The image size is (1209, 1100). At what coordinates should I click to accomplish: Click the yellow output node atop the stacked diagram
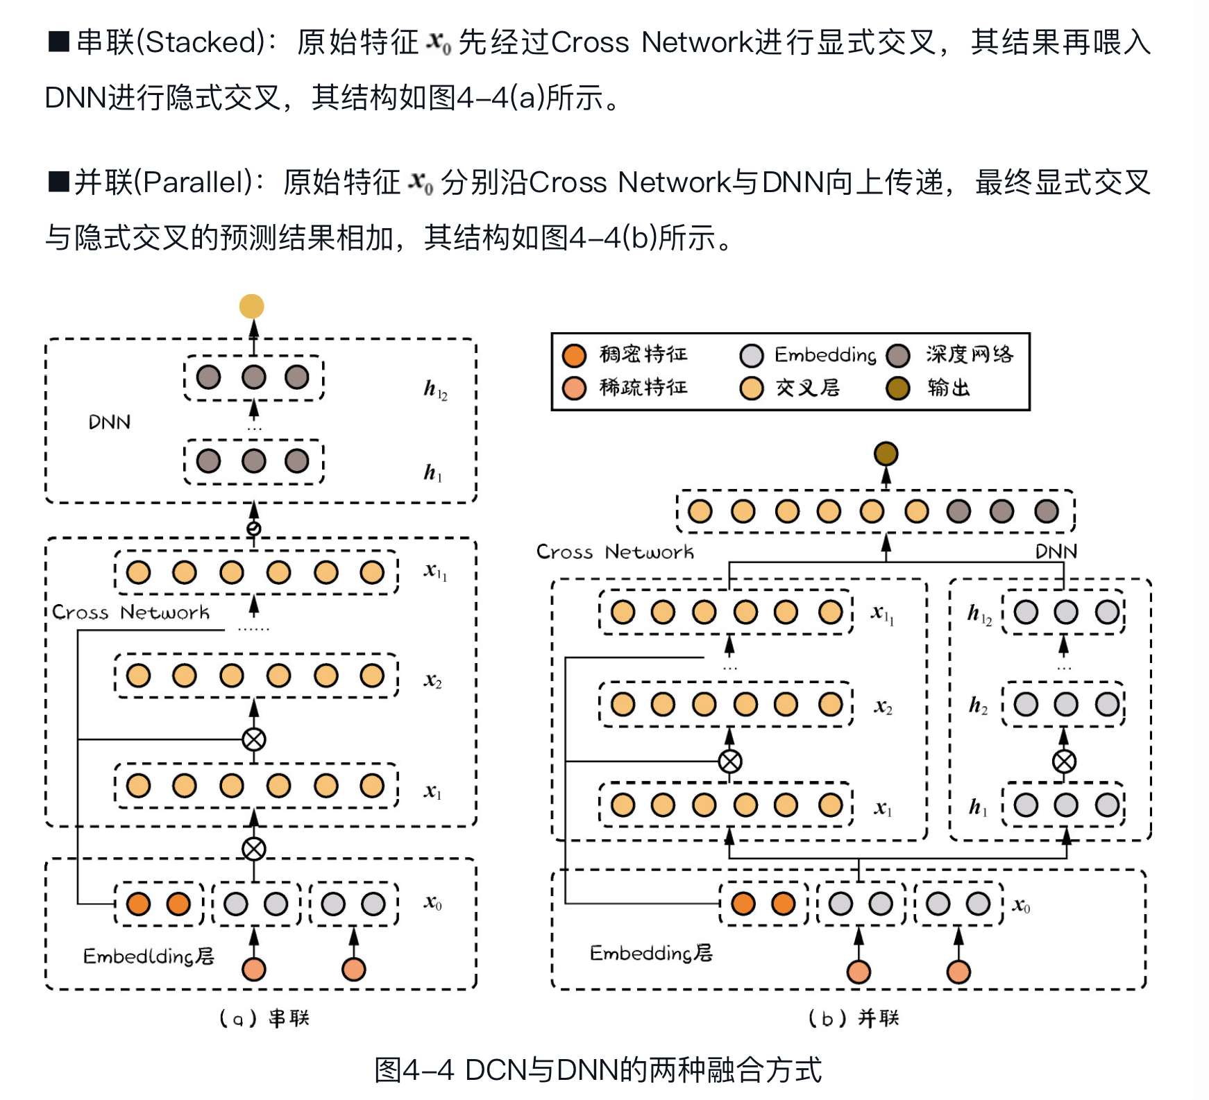click(251, 306)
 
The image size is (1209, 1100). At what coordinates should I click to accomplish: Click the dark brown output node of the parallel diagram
click(886, 454)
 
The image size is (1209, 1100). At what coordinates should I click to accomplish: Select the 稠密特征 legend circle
click(574, 355)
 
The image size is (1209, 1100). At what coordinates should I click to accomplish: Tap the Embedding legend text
click(825, 355)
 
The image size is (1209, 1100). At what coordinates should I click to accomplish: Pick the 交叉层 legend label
click(807, 388)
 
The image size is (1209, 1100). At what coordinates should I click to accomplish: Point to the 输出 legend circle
click(897, 388)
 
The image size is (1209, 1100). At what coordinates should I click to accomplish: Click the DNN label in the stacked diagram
click(109, 422)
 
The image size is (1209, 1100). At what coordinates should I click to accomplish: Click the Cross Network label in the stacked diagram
click(130, 612)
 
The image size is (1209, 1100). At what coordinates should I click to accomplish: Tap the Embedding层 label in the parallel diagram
click(651, 953)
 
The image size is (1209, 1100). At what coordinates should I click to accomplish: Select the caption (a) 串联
click(264, 1018)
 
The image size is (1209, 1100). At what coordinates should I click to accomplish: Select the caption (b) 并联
click(854, 1018)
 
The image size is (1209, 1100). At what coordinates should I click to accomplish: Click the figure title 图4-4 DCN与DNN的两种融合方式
click(598, 1069)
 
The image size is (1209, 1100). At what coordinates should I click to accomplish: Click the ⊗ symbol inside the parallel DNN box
click(1064, 762)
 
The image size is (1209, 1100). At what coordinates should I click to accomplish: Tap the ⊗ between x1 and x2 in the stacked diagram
click(254, 739)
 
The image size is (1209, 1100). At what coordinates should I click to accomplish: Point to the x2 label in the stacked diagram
click(432, 680)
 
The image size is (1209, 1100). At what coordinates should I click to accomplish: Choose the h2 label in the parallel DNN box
click(978, 706)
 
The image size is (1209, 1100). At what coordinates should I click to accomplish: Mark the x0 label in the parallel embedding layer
click(1021, 905)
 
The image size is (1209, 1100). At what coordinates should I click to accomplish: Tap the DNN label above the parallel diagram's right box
click(1056, 551)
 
